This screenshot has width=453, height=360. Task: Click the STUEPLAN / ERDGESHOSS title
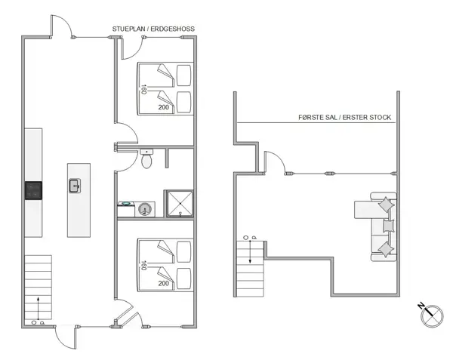(x=153, y=29)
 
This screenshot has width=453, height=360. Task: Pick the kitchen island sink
(x=75, y=186)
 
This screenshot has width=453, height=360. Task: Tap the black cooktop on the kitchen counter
(x=34, y=191)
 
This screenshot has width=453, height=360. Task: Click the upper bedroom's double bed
(x=165, y=88)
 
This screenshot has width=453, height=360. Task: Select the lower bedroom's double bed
(x=165, y=263)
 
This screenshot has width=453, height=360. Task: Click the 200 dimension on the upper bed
(x=163, y=108)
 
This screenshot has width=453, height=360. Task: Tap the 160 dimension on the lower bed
(x=143, y=265)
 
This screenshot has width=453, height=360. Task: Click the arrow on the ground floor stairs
(x=37, y=306)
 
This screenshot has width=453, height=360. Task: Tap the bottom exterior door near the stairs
(x=66, y=337)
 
